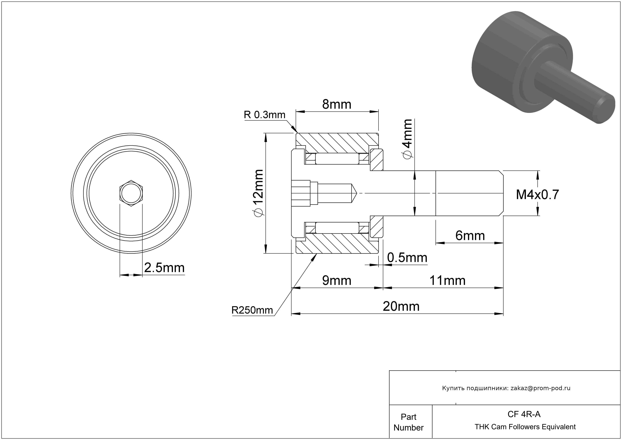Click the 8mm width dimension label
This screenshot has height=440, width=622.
(337, 104)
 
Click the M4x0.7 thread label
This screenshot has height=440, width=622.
(538, 195)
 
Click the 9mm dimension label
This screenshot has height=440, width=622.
(337, 281)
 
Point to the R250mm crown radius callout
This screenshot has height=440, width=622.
(252, 310)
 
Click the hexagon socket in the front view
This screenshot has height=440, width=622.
(131, 193)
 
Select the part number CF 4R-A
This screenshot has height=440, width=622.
(524, 414)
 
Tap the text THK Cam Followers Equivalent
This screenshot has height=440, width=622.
(525, 427)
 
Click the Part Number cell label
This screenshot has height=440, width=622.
(408, 422)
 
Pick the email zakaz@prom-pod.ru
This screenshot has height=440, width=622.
(540, 388)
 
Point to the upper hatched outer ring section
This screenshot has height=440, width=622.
(337, 143)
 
